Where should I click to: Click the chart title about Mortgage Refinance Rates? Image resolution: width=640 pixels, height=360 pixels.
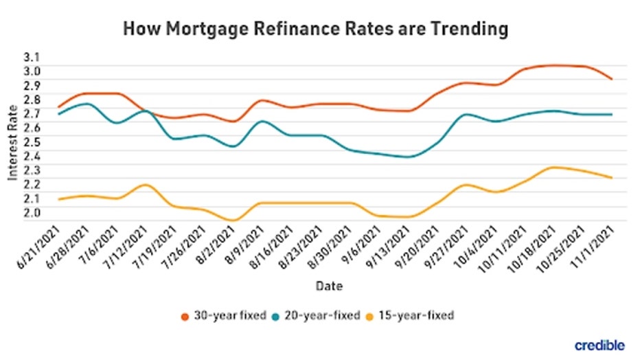316,29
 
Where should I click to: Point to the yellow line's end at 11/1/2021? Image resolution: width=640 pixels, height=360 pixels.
612,178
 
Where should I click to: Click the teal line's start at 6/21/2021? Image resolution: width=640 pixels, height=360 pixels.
58,114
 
